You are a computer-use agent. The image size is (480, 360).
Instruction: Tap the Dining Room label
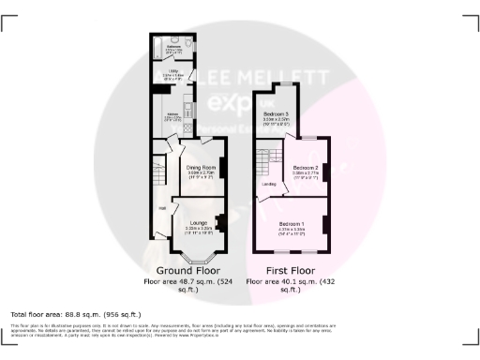[x=202, y=167]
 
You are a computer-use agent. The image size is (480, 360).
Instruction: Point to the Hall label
[x=161, y=208]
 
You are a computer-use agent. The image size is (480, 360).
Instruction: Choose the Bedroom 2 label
[x=306, y=166]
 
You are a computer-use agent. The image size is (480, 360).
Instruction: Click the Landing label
[x=267, y=184]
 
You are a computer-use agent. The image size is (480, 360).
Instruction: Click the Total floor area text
[x=75, y=313]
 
